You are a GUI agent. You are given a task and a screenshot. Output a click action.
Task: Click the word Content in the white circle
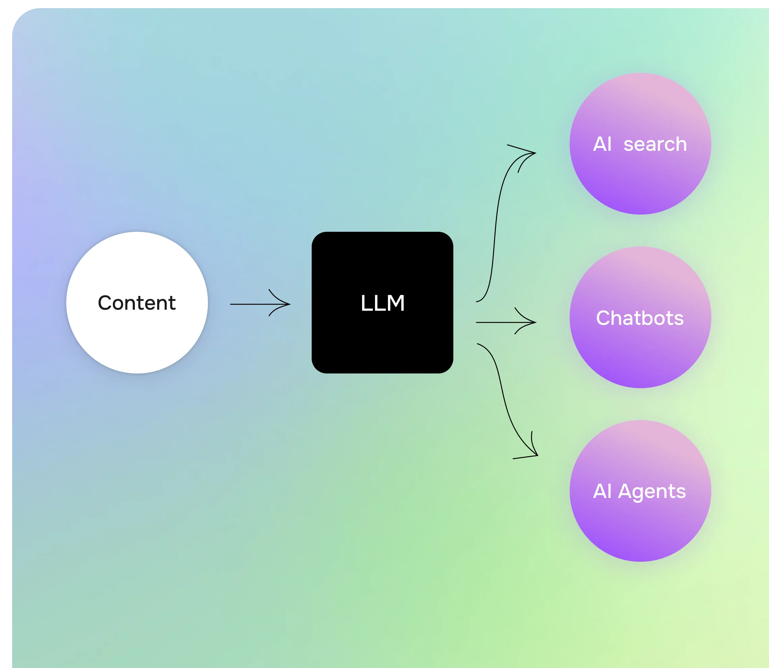(137, 303)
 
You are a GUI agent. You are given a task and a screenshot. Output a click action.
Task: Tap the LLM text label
(382, 303)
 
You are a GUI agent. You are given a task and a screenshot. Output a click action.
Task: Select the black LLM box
(382, 343)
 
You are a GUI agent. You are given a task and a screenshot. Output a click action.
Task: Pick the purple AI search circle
(640, 179)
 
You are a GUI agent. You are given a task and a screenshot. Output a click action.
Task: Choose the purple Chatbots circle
(640, 354)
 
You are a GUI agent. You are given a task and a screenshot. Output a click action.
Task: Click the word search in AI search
(655, 144)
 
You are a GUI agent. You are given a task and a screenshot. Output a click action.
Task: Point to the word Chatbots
(640, 318)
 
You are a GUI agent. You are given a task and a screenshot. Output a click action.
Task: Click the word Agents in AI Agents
(652, 491)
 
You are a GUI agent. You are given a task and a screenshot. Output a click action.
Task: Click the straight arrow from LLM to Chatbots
(499, 322)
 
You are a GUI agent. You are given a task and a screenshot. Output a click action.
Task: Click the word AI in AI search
(602, 144)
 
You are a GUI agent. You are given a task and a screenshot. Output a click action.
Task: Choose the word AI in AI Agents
(602, 491)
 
